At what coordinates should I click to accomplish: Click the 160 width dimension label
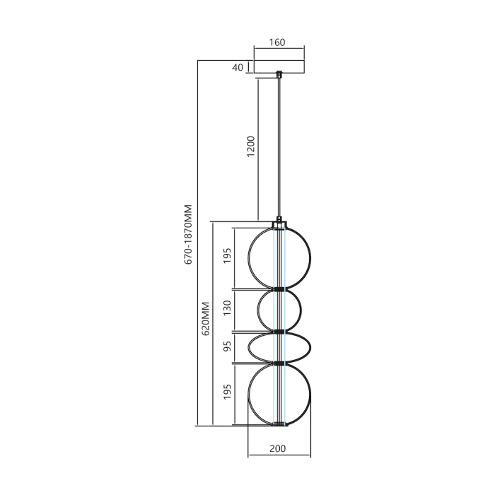click(x=277, y=42)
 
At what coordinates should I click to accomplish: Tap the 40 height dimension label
click(x=237, y=68)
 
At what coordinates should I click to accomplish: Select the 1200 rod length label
click(x=251, y=146)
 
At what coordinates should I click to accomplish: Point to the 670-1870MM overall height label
click(x=188, y=234)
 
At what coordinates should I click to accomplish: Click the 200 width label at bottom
click(x=278, y=448)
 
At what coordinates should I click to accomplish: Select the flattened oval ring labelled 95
click(x=250, y=347)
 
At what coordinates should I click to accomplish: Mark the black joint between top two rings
click(x=279, y=289)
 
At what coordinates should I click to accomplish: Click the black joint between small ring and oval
click(x=279, y=331)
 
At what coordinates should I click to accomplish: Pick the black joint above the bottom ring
click(x=279, y=363)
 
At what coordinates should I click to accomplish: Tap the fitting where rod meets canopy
click(x=279, y=74)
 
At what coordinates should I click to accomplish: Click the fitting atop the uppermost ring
click(x=279, y=221)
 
